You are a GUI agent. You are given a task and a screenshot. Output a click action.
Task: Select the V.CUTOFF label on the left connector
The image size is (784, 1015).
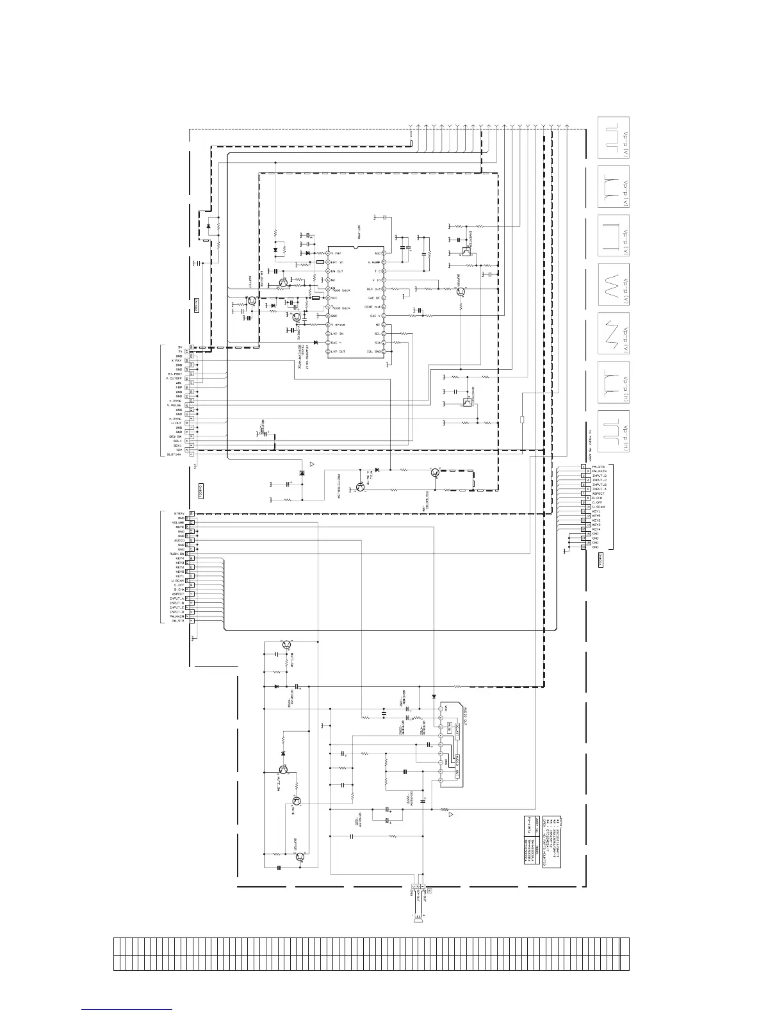point(175,379)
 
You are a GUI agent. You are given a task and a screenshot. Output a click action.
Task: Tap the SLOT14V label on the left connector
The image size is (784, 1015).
point(174,455)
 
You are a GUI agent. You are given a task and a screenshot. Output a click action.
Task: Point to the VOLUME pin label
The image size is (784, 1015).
point(178,523)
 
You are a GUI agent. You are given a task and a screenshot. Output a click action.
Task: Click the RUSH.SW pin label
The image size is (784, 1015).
point(177,554)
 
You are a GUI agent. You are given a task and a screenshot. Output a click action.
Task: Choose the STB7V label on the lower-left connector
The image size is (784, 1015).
point(179,514)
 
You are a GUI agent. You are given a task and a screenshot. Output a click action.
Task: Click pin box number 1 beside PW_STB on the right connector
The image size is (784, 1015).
point(584,466)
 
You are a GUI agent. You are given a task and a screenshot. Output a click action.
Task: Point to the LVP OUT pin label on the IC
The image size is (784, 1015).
point(338,352)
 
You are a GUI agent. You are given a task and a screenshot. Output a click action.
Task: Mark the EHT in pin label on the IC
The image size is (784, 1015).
point(336,262)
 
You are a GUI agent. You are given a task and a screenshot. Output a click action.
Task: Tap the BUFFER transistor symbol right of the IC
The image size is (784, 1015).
point(460,291)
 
